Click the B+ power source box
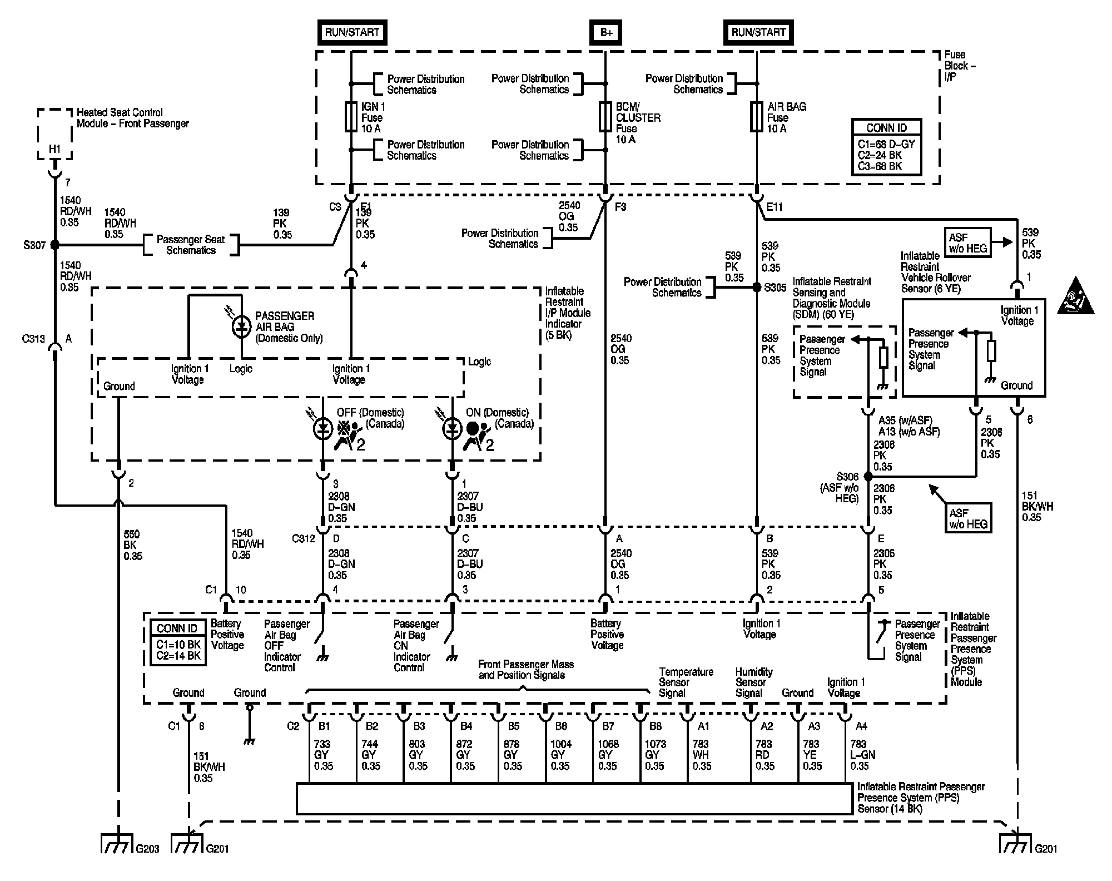click(x=605, y=32)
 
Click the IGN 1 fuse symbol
click(x=351, y=117)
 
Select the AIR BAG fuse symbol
click(x=757, y=117)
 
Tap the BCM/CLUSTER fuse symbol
click(x=605, y=117)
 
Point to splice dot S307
click(x=54, y=245)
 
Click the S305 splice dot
click(x=757, y=288)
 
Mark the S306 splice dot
click(x=868, y=477)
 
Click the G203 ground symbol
click(x=117, y=843)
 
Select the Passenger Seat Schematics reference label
click(x=191, y=245)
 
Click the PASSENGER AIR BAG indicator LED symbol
click(x=241, y=326)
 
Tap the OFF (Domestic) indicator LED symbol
click(x=323, y=428)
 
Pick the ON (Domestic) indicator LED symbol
click(x=452, y=428)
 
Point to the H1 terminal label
click(x=54, y=149)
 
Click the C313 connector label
click(x=33, y=339)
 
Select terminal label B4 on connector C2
click(x=466, y=726)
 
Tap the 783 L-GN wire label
click(x=862, y=755)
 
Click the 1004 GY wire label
click(x=560, y=755)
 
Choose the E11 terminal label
click(x=775, y=207)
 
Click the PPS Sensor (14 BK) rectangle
click(x=574, y=799)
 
